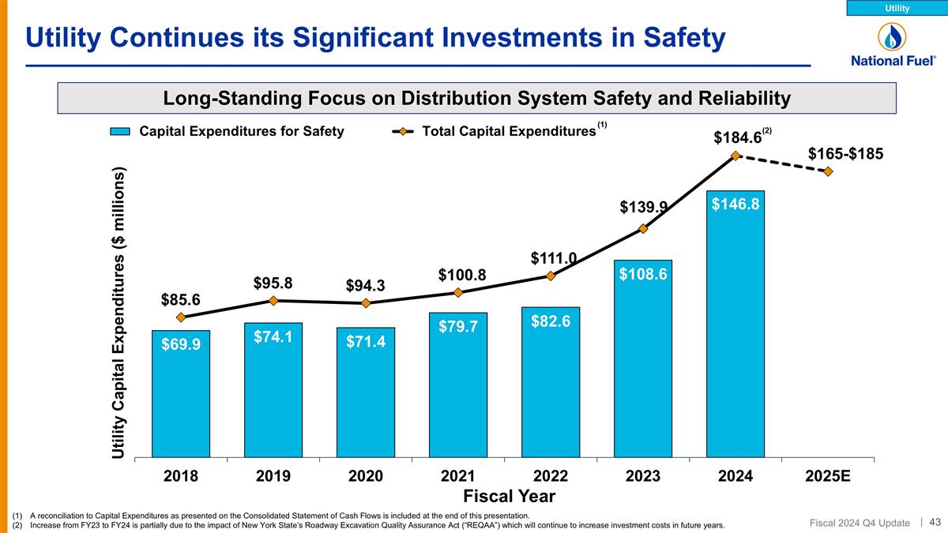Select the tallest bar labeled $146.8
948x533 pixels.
(735, 324)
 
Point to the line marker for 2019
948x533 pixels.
(273, 300)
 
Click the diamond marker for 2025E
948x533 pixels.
(828, 171)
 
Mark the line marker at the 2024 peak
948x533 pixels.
(735, 156)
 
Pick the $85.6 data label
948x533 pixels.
(181, 299)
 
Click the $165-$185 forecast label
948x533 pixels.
(846, 152)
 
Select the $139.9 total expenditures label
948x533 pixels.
(643, 207)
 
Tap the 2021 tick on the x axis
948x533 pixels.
(458, 476)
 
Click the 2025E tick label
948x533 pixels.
(828, 476)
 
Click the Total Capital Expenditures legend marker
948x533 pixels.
(403, 132)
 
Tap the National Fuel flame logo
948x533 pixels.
(893, 36)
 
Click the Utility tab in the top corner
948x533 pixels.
(897, 8)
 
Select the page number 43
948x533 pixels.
(935, 521)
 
